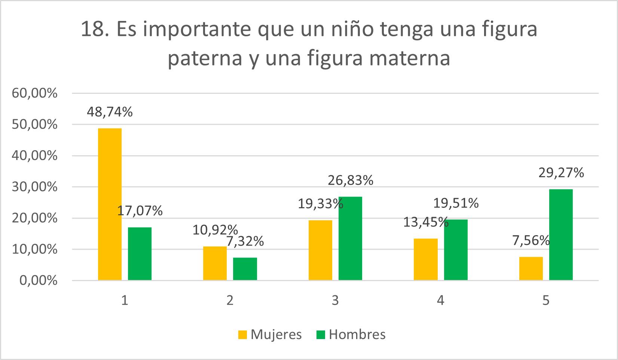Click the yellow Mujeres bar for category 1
[x=110, y=204]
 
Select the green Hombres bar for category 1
[x=140, y=253]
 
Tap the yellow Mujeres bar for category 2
[x=215, y=263]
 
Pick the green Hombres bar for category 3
[x=350, y=238]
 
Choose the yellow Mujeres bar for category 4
[x=425, y=259]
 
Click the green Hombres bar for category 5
[x=561, y=234]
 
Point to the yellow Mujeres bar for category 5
[x=531, y=268]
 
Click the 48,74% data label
[x=110, y=112]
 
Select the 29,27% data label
[x=561, y=173]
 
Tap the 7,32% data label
[x=245, y=241]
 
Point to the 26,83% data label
[x=351, y=180]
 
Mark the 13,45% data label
[x=426, y=222]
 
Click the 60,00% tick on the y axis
[x=34, y=93]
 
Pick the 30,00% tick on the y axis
[x=34, y=187]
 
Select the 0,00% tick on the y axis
[x=38, y=280]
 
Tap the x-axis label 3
[x=335, y=300]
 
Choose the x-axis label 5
[x=546, y=300]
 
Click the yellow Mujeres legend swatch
[x=242, y=335]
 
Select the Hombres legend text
[x=357, y=335]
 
